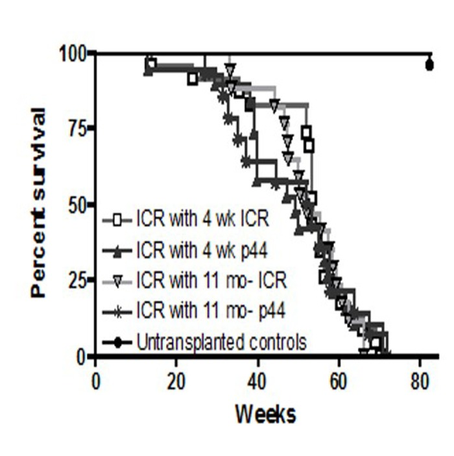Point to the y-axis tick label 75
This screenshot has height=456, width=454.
point(77,129)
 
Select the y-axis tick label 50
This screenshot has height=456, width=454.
point(77,205)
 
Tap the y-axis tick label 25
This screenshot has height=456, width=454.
point(77,281)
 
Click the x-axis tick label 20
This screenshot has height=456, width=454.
point(177,381)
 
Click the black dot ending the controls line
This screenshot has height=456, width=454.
point(429,64)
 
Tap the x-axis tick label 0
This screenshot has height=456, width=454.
point(96,381)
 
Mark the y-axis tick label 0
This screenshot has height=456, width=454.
point(82,357)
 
